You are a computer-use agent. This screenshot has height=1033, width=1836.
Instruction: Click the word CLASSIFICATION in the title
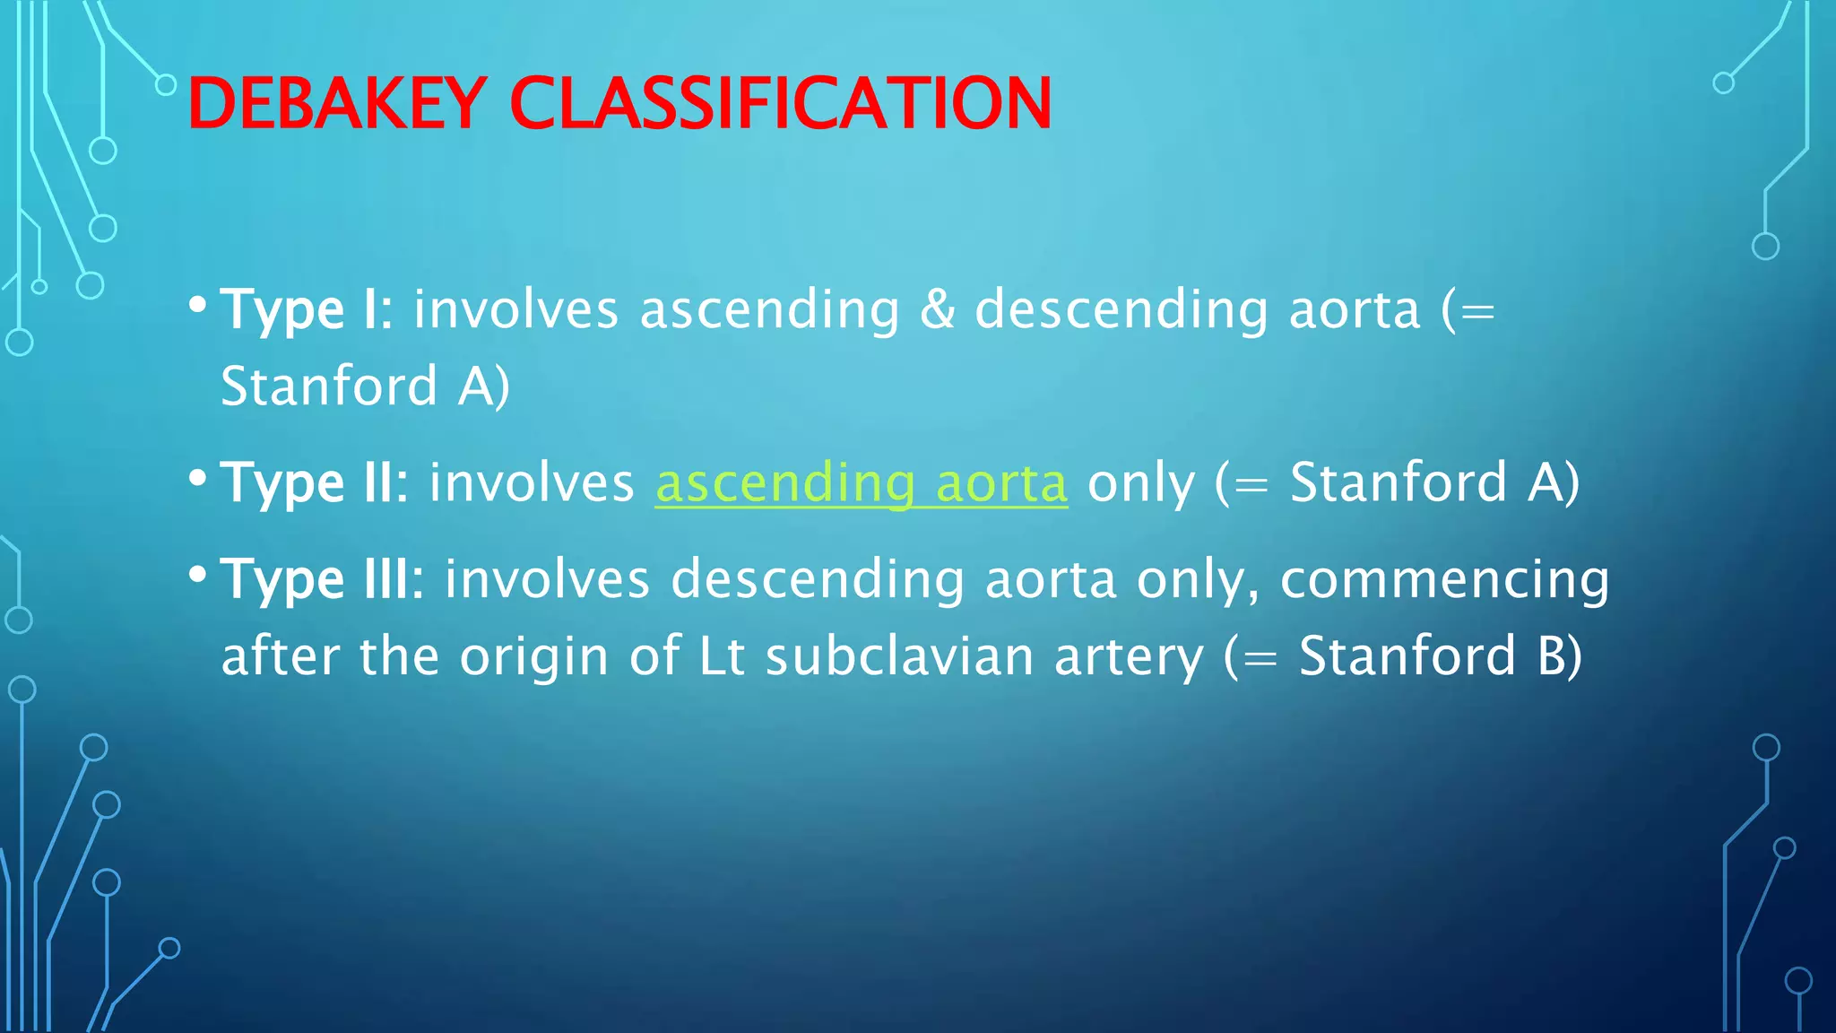click(x=780, y=104)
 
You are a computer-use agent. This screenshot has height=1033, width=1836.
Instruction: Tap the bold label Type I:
click(x=306, y=310)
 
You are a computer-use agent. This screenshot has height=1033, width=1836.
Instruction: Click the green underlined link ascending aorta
click(x=861, y=483)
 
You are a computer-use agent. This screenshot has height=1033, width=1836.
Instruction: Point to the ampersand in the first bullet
click(x=937, y=310)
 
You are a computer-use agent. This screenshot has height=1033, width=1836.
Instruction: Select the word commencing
click(x=1444, y=579)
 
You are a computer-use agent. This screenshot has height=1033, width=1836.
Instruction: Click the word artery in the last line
click(x=1129, y=656)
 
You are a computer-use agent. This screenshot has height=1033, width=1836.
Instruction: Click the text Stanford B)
click(x=1440, y=656)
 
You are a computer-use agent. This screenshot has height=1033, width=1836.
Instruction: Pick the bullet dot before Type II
click(x=198, y=478)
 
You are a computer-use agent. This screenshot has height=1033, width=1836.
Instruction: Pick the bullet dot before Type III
click(x=198, y=574)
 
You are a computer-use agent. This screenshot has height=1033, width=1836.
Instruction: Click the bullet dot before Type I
click(x=198, y=305)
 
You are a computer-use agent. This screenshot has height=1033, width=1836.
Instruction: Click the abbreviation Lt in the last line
click(x=721, y=656)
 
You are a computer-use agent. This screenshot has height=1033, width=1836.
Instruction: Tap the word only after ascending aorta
click(x=1140, y=483)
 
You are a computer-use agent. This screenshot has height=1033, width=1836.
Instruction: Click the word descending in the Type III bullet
click(x=817, y=579)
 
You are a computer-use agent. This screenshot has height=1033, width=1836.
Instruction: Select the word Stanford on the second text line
click(x=328, y=386)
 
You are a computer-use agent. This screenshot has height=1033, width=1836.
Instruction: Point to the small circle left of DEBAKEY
click(x=166, y=85)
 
